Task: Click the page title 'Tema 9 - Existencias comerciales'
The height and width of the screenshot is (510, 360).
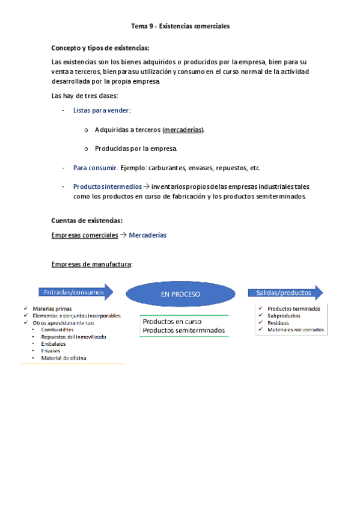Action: pyautogui.click(x=180, y=26)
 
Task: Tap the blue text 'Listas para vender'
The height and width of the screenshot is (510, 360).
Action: pyautogui.click(x=101, y=110)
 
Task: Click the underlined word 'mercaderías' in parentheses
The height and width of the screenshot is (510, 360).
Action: pyautogui.click(x=183, y=129)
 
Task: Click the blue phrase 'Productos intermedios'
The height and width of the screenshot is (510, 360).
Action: pyautogui.click(x=108, y=186)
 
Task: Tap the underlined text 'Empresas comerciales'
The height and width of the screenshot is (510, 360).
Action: pyautogui.click(x=85, y=235)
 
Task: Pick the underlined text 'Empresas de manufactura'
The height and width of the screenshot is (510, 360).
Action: pyautogui.click(x=92, y=264)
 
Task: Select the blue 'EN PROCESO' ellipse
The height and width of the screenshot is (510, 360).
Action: pyautogui.click(x=180, y=294)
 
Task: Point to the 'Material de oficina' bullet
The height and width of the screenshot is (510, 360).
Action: pyautogui.click(x=63, y=358)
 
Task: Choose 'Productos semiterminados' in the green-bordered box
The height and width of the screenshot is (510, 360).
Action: pyautogui.click(x=183, y=330)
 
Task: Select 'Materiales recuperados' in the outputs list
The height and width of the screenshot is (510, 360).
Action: pyautogui.click(x=296, y=330)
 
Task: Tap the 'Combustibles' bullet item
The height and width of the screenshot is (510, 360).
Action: pyautogui.click(x=58, y=330)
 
